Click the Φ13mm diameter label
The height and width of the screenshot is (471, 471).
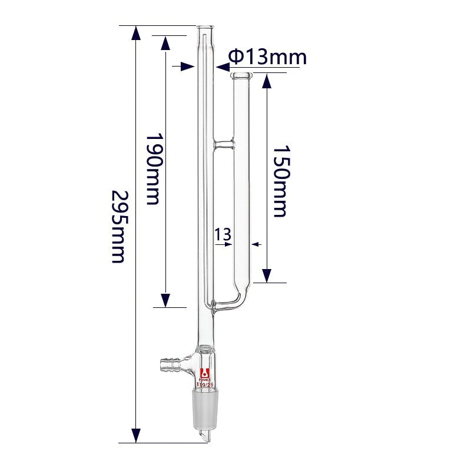267,57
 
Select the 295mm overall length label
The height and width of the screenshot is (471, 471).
118,226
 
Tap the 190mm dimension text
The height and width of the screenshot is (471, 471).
152,168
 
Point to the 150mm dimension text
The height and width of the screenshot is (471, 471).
280,181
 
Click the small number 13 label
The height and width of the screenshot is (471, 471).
223,234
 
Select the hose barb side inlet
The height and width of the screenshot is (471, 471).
171,364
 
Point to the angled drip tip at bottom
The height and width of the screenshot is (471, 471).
204,436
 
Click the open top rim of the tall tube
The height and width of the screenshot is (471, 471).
205,28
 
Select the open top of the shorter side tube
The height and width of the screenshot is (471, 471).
242,75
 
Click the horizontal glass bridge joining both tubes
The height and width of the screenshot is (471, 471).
223,143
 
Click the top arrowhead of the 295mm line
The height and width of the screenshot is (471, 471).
136,33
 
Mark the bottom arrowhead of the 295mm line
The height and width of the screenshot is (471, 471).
136,436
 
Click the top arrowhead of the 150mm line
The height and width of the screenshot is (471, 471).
267,81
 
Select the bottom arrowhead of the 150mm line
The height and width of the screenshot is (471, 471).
267,276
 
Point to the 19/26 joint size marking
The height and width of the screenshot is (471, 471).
208,385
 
